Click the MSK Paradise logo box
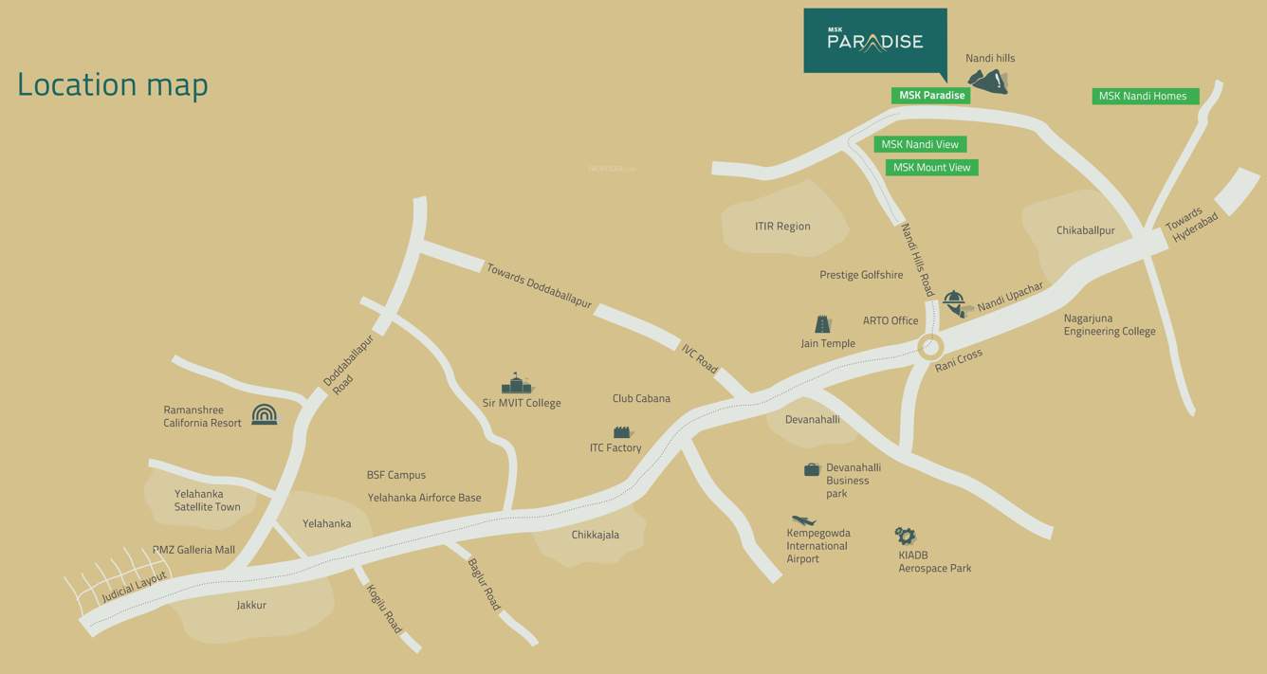[x=874, y=41]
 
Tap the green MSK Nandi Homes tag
[x=1145, y=96]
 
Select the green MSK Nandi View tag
[x=920, y=144]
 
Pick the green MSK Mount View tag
[x=931, y=168]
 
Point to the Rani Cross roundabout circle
[x=930, y=346]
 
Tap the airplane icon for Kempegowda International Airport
[x=803, y=520]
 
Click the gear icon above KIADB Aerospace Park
[x=905, y=536]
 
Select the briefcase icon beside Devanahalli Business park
[x=812, y=468]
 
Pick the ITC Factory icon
[x=623, y=431]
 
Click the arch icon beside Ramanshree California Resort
[x=265, y=414]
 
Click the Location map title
[x=113, y=84]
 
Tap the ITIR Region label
[x=782, y=227]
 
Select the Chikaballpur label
[x=1085, y=230]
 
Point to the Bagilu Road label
[x=484, y=584]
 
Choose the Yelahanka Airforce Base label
[x=424, y=498]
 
